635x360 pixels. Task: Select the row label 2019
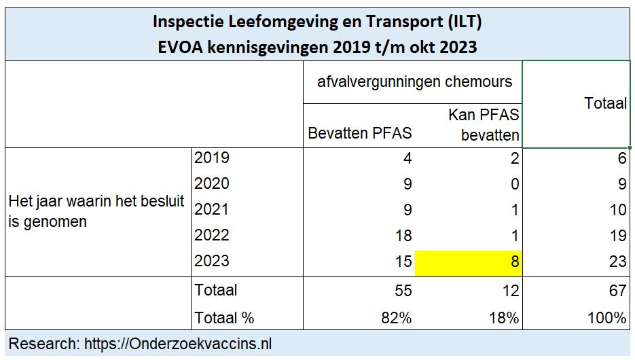212,158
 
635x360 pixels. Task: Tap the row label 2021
212,210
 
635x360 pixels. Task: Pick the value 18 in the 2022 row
403,236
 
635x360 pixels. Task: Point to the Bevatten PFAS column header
360,133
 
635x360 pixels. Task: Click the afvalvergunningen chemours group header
414,82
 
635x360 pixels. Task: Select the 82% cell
397,317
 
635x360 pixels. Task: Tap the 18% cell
504,317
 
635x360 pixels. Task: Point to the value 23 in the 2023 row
617,262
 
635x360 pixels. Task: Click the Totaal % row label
224,317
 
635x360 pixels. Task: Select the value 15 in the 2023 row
403,262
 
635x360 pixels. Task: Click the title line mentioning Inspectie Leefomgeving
317,22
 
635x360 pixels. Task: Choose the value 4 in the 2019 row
407,158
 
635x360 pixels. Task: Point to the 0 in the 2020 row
514,184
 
